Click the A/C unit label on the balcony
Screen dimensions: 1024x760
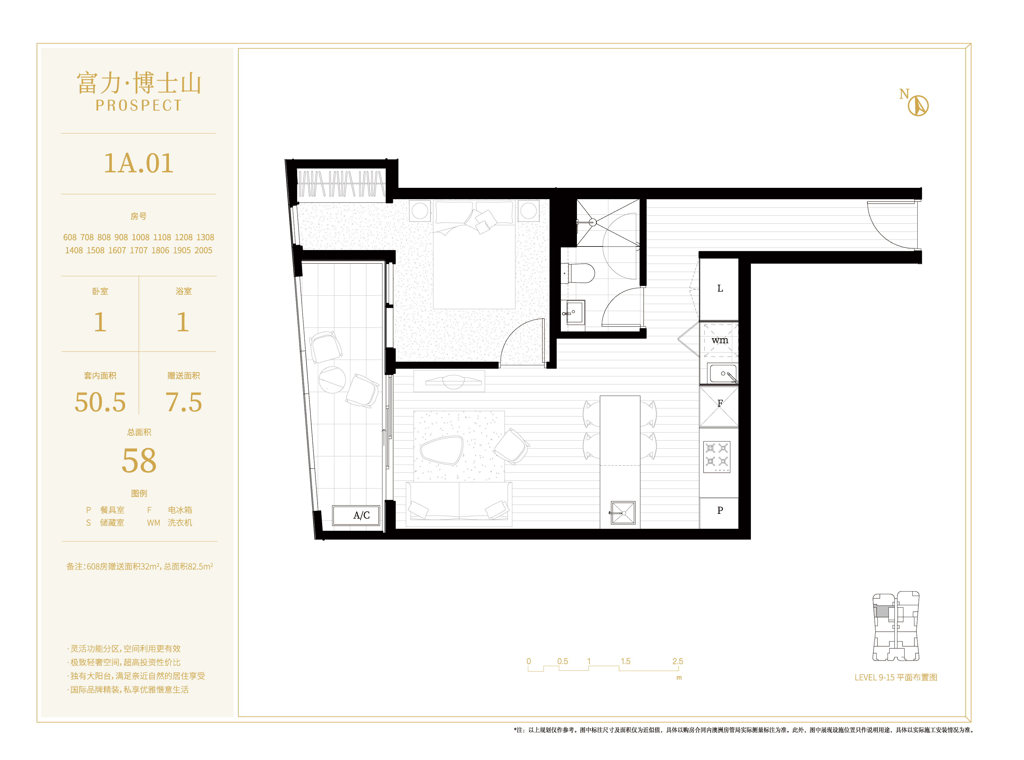click(361, 515)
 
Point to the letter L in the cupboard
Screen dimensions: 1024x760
click(720, 288)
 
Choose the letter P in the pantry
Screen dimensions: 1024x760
click(720, 510)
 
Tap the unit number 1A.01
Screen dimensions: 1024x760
click(138, 163)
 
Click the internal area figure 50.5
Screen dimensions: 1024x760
click(100, 402)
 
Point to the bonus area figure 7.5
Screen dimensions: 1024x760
click(184, 402)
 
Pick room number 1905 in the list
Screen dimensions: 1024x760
click(182, 250)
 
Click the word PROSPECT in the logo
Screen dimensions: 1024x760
click(138, 105)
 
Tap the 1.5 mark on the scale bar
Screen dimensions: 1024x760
click(625, 661)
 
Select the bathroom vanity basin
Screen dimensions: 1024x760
click(575, 312)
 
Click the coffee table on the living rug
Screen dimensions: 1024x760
click(441, 450)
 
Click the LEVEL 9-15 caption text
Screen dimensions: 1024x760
click(896, 677)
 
